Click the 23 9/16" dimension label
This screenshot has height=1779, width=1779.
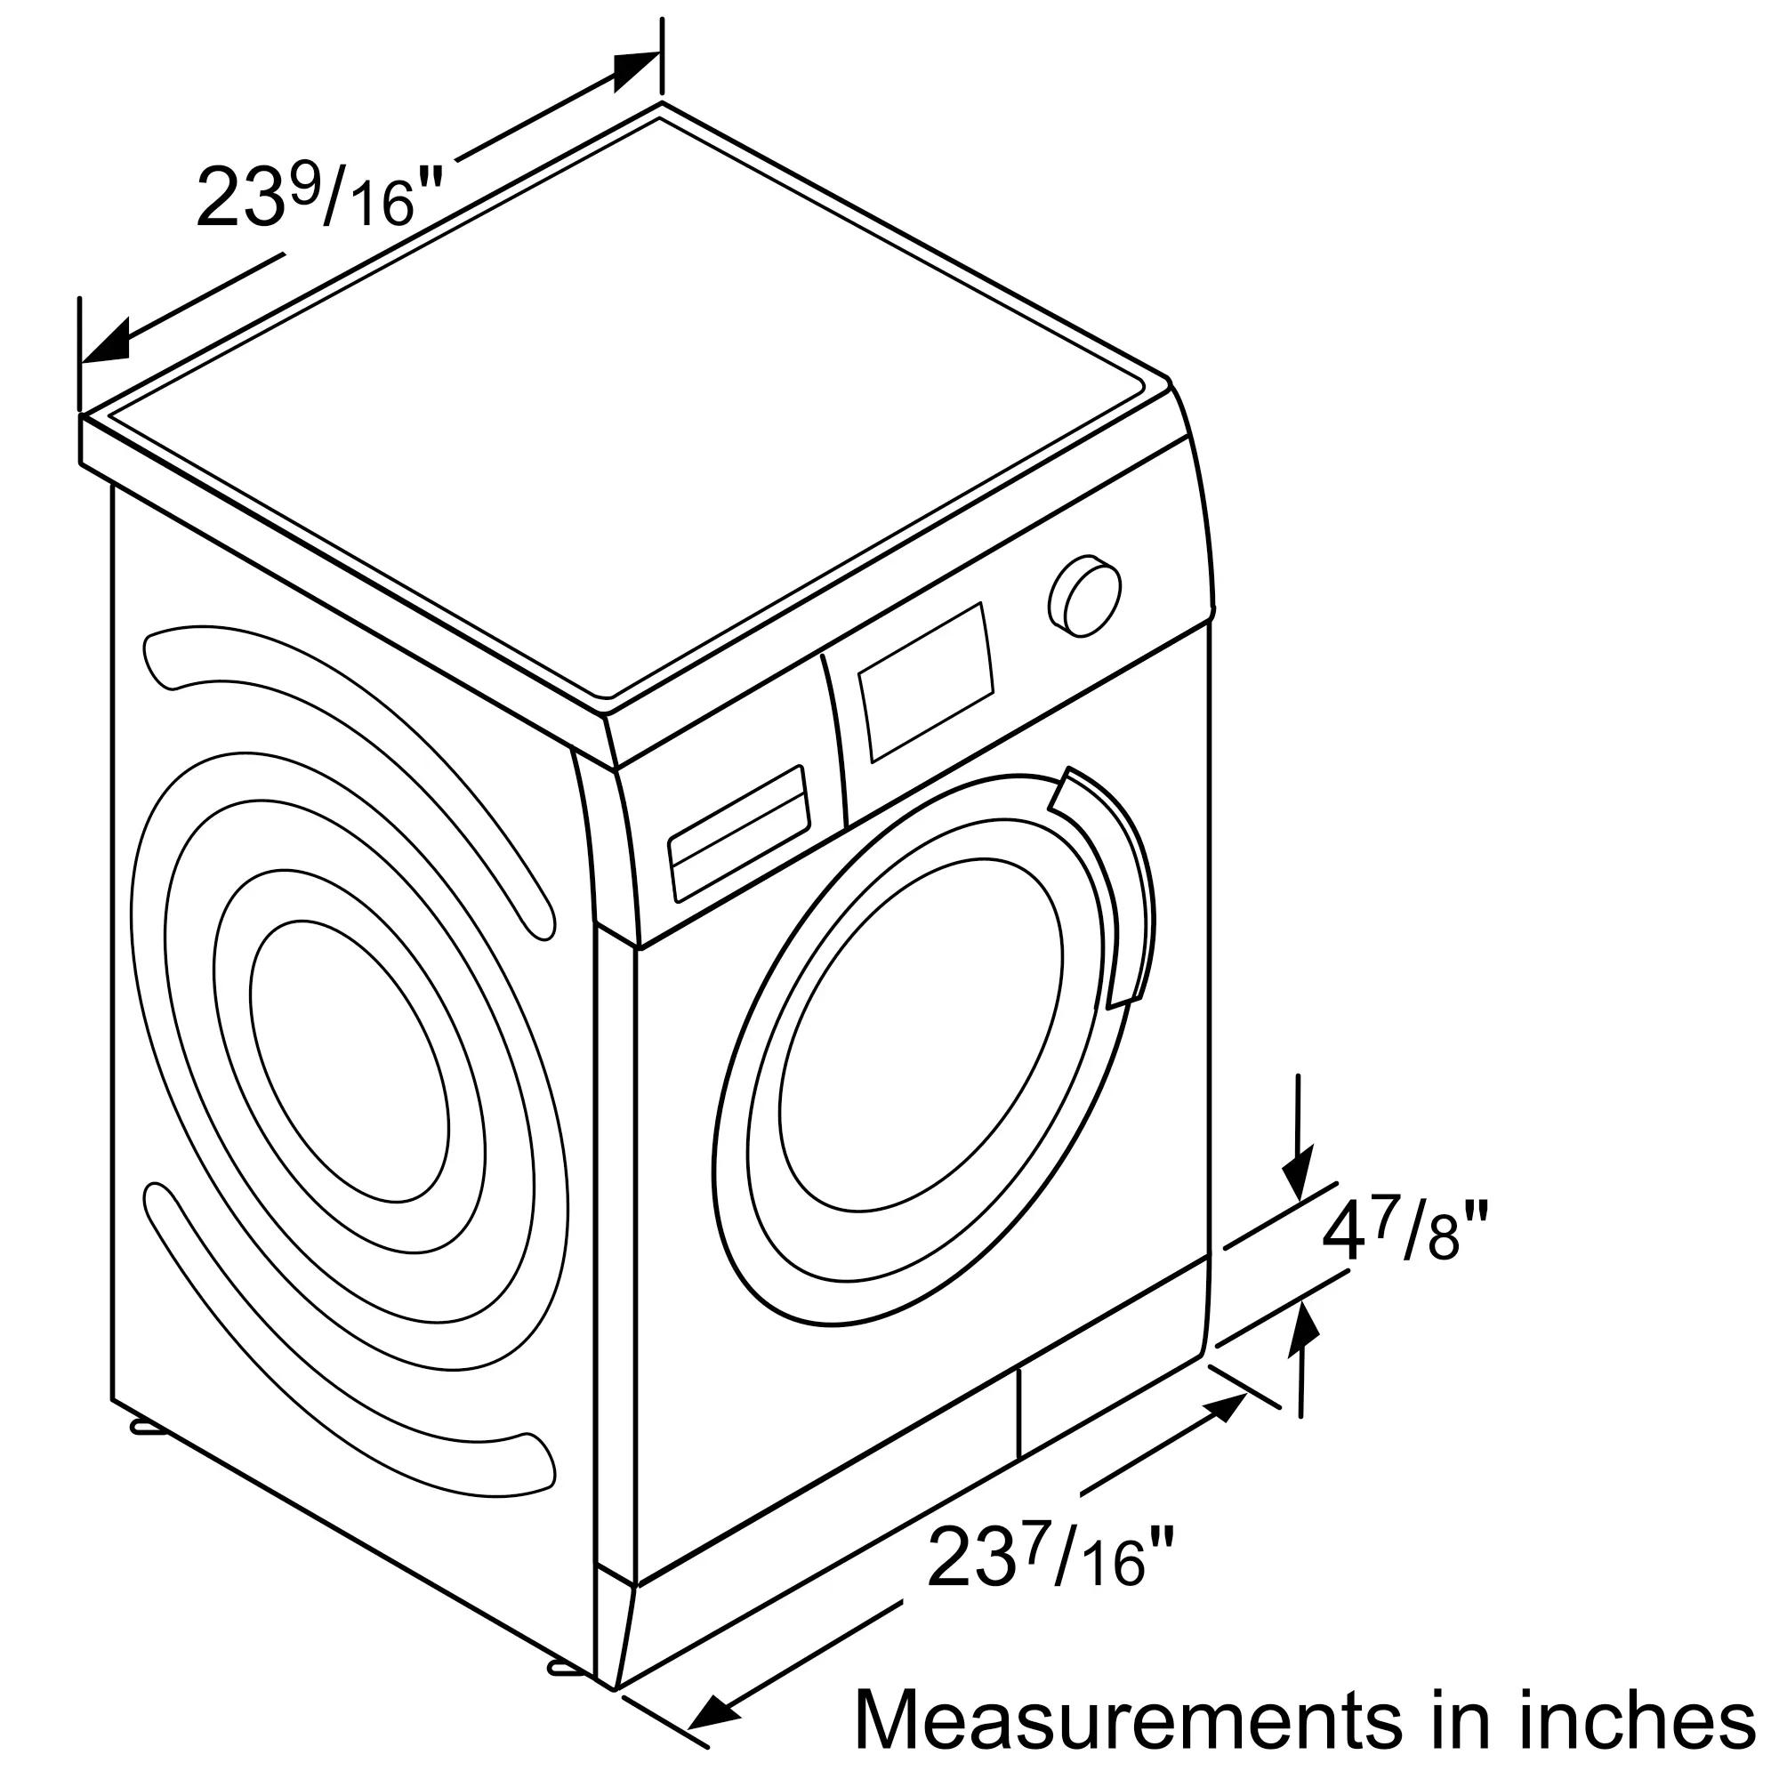click(x=319, y=196)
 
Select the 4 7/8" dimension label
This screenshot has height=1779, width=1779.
click(x=1405, y=1236)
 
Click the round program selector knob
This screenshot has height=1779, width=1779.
click(x=1084, y=595)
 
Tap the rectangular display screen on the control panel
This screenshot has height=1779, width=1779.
click(x=926, y=681)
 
